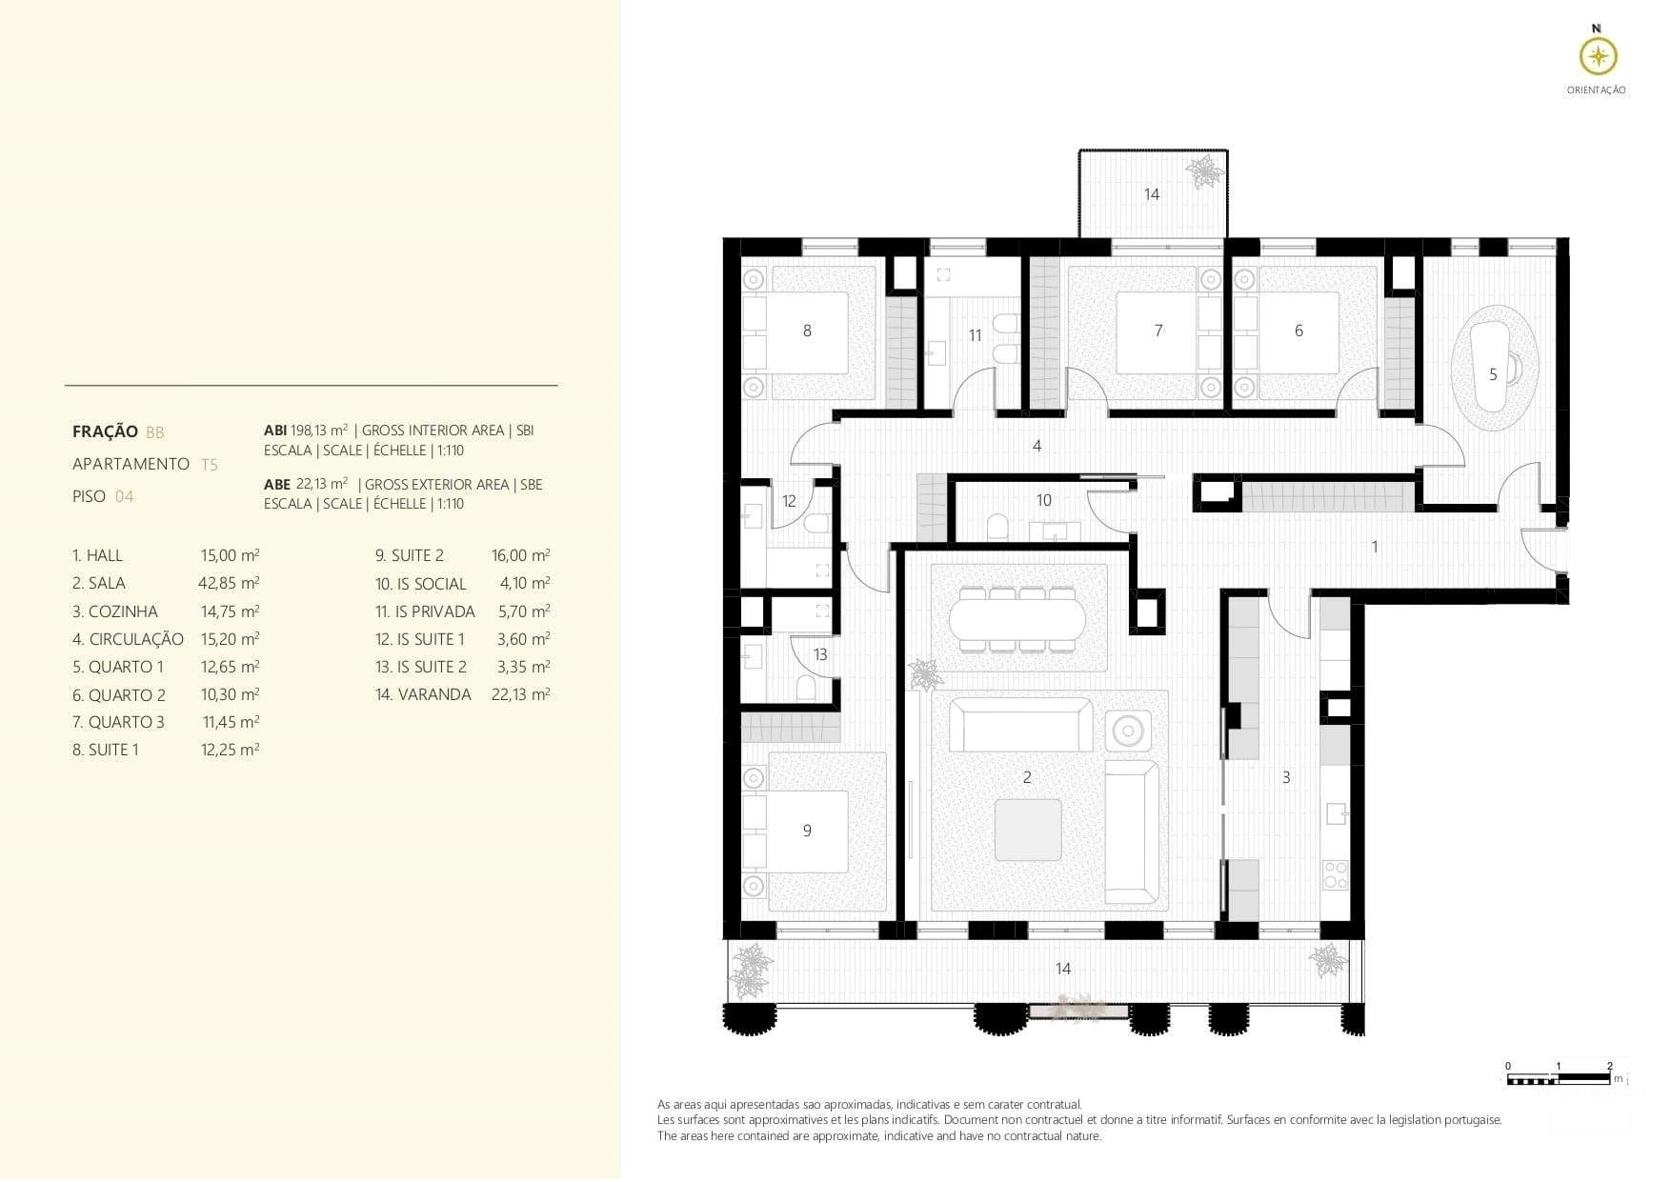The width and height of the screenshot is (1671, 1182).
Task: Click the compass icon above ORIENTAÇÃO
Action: (1598, 57)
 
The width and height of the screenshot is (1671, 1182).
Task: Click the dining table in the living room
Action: (1017, 619)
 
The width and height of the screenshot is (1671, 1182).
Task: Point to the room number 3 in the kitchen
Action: (1286, 778)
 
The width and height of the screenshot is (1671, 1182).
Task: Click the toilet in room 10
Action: (997, 527)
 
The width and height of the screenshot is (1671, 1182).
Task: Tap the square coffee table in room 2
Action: (1028, 830)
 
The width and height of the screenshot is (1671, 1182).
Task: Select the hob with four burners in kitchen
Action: (1335, 874)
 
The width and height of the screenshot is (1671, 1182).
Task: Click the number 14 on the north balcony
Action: (1152, 194)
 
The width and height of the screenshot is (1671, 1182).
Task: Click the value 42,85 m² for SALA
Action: (229, 583)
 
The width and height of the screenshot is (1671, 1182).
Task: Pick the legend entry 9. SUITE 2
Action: (410, 555)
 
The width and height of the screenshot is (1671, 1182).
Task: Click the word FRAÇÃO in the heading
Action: (105, 431)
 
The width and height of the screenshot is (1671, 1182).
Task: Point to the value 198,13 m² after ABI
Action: (319, 431)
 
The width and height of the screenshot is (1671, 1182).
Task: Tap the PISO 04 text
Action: (103, 496)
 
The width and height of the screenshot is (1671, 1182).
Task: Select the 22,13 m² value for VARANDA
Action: (520, 694)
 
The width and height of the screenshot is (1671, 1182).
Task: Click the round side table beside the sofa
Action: (1129, 731)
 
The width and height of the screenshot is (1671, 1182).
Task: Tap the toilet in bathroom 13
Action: (806, 688)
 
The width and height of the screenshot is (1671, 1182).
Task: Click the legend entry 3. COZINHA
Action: (115, 611)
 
